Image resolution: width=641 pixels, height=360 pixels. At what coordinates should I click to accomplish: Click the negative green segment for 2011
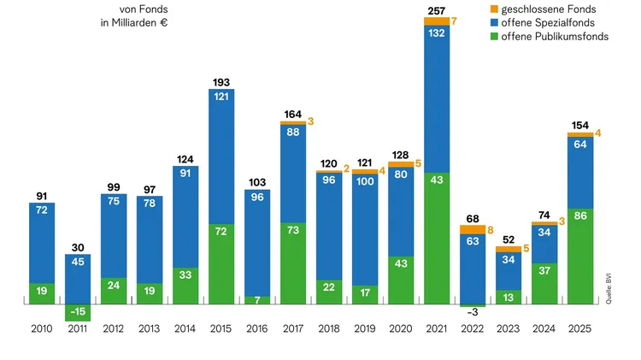point(78,312)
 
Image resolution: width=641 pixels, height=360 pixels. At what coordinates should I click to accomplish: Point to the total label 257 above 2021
point(436,9)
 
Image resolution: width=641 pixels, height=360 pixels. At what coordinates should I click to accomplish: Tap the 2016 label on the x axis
point(256,329)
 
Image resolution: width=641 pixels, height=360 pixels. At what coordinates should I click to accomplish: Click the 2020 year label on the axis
point(400,329)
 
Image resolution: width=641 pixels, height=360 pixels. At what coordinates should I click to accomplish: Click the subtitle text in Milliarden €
point(134,22)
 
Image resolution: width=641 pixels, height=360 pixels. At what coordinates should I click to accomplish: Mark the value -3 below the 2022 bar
point(472,314)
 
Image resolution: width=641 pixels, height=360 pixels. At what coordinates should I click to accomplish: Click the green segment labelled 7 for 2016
point(257,300)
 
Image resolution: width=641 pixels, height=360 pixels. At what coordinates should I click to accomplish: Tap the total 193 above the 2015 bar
point(221,82)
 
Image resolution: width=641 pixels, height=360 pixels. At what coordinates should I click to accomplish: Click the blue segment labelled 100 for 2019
point(364,230)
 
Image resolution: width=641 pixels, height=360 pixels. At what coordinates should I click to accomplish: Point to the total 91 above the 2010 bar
point(42,196)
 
